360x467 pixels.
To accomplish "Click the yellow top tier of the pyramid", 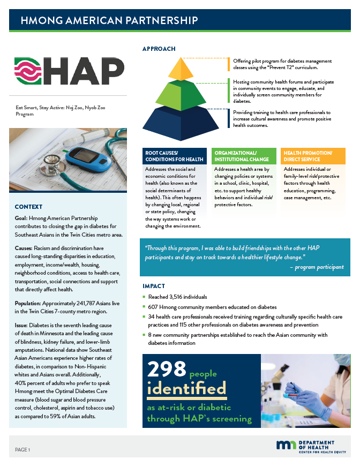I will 181,69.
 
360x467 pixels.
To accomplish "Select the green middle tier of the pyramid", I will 182,93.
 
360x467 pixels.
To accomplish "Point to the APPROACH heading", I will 159,49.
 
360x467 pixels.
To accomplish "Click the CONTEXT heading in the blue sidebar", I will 28,207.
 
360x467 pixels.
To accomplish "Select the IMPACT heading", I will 153,286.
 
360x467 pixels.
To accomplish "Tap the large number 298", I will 166,368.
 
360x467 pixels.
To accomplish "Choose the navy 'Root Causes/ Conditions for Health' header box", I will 175,156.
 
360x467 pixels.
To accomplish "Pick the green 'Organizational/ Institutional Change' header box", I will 244,156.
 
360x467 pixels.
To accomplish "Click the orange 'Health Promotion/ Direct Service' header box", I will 313,156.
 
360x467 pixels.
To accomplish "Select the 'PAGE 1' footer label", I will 22,449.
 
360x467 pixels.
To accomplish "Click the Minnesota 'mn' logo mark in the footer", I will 285,445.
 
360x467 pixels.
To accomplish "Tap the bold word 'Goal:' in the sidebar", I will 22,220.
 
